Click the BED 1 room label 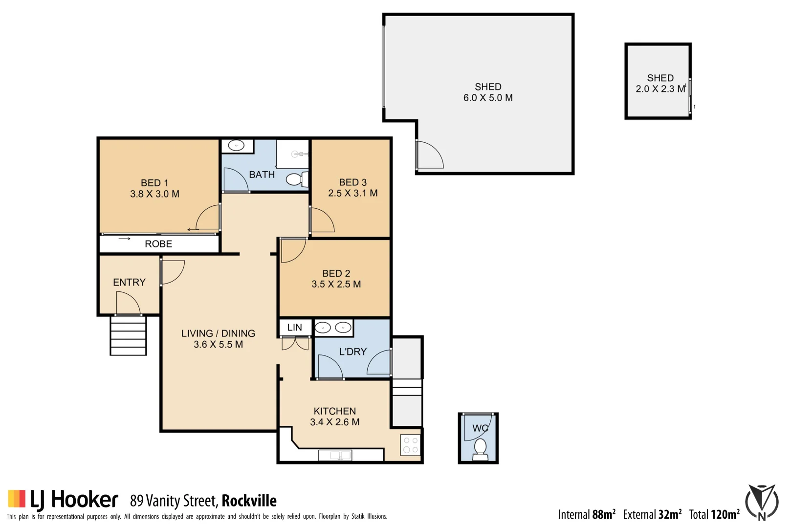pyautogui.click(x=154, y=183)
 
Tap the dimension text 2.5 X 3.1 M pyautogui.click(x=352, y=193)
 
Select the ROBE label pyautogui.click(x=158, y=244)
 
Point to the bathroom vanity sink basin pyautogui.click(x=237, y=146)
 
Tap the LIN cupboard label pyautogui.click(x=294, y=328)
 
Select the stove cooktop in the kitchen pyautogui.click(x=411, y=445)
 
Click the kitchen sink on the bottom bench pyautogui.click(x=335, y=456)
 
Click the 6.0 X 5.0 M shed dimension pyautogui.click(x=488, y=98)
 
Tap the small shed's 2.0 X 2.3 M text pyautogui.click(x=660, y=89)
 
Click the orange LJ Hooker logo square pyautogui.click(x=17, y=499)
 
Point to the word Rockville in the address pyautogui.click(x=249, y=501)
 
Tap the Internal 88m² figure pyautogui.click(x=587, y=514)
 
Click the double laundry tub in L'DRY pyautogui.click(x=333, y=328)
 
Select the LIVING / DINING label pyautogui.click(x=218, y=333)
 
